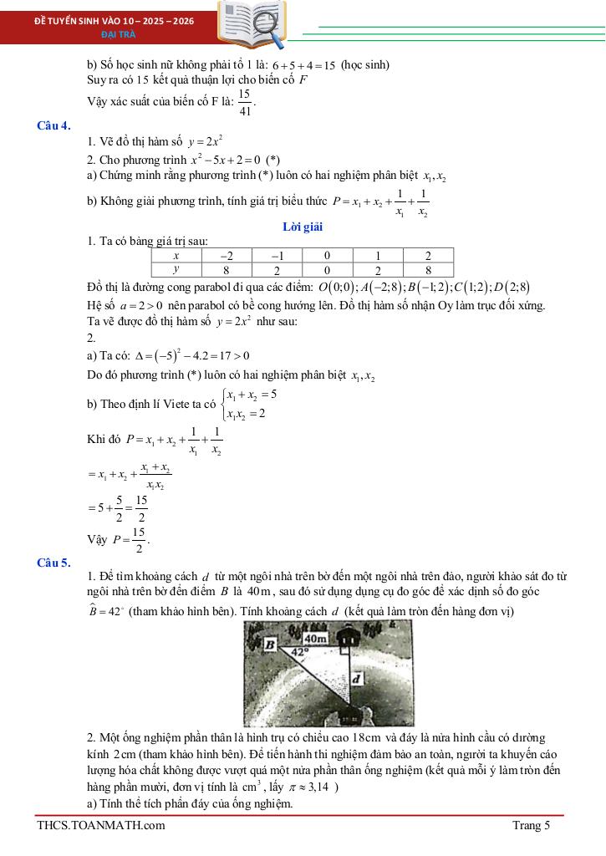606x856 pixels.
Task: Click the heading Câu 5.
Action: [54, 563]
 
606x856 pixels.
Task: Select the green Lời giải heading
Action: [303, 227]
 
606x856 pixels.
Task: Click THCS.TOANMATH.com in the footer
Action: [101, 826]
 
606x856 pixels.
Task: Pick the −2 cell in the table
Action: [227, 256]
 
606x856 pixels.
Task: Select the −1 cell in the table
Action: [277, 256]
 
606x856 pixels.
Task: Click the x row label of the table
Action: [176, 256]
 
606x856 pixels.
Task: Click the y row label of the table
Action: [176, 269]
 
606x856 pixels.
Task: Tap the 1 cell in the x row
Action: [378, 256]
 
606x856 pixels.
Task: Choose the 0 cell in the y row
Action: [327, 270]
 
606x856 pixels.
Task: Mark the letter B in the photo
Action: [269, 645]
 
